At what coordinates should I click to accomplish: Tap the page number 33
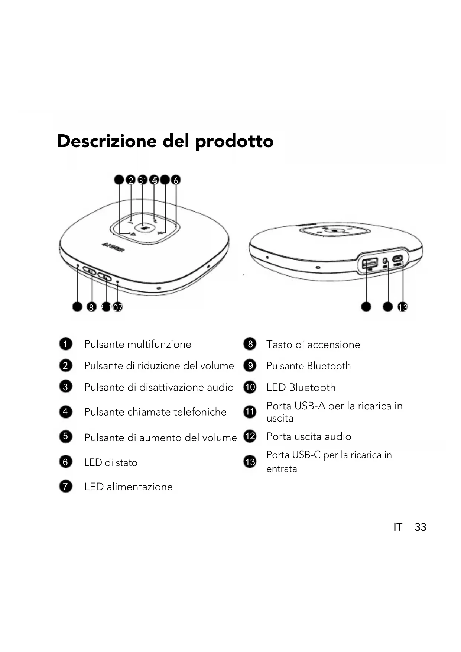(x=420, y=527)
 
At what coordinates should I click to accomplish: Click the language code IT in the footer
(x=397, y=527)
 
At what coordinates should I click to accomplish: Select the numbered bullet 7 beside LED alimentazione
(x=65, y=486)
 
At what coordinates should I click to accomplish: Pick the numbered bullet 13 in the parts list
(x=250, y=462)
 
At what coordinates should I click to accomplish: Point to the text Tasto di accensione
(x=313, y=345)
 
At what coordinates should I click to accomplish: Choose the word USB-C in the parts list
(x=306, y=455)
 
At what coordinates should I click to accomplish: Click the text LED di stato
(x=111, y=463)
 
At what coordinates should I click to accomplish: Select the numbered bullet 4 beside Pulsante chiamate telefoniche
(x=65, y=411)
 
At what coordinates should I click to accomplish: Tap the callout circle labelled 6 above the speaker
(x=176, y=180)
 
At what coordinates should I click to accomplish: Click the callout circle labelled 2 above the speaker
(x=130, y=180)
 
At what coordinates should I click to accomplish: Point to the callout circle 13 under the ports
(x=402, y=307)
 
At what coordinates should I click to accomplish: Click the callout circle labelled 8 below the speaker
(x=91, y=307)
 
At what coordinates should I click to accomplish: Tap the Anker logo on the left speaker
(x=113, y=245)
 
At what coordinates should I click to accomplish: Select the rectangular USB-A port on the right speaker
(x=370, y=264)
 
